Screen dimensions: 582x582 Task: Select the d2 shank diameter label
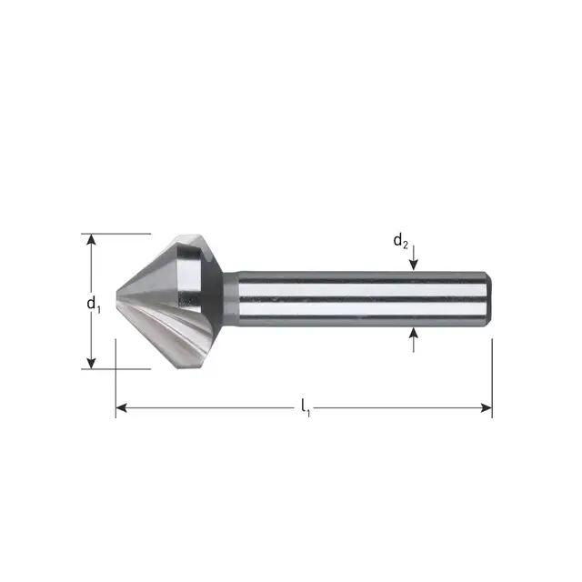(x=400, y=241)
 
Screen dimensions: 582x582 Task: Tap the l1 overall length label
(x=306, y=411)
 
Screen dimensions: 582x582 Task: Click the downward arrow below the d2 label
(x=414, y=264)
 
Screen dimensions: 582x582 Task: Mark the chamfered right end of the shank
(x=488, y=299)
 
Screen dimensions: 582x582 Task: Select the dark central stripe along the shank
(x=364, y=299)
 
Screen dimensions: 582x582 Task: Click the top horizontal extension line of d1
(x=118, y=234)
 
